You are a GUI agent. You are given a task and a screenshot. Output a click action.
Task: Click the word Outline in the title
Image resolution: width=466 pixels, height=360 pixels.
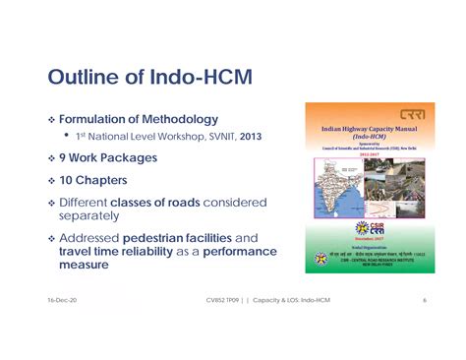81,78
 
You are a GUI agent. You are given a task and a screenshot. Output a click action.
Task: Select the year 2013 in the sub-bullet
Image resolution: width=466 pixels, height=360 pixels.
249,136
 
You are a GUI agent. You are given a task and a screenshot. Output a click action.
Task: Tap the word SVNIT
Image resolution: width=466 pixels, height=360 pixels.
214,136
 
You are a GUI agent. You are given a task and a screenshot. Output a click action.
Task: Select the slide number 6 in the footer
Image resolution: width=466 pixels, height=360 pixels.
424,299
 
